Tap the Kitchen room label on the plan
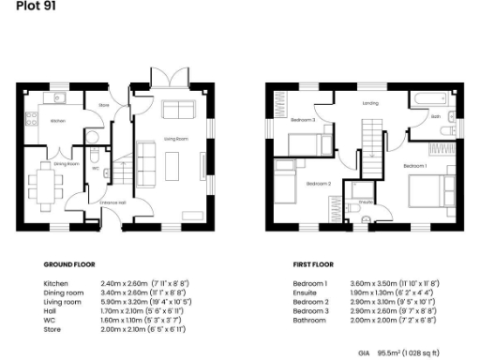coord(57,121)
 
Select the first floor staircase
coord(373,145)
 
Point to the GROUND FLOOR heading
coord(69,264)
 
